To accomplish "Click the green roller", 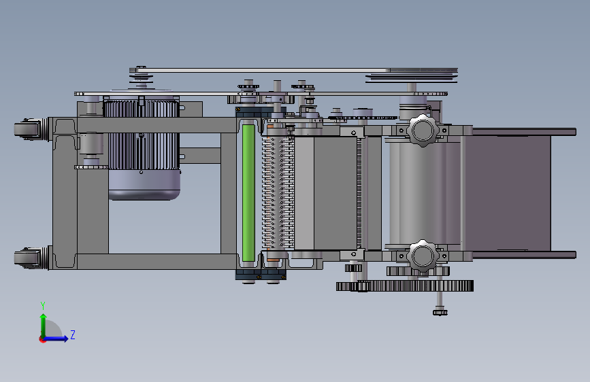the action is pos(248,193).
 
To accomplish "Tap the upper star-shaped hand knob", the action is pos(423,131).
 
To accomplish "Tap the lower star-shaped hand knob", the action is pos(423,256).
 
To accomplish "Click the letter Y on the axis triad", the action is pos(43,306).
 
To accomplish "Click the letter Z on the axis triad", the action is pos(73,334).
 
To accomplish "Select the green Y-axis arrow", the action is pos(44,326).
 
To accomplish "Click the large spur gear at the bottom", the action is pos(405,286).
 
